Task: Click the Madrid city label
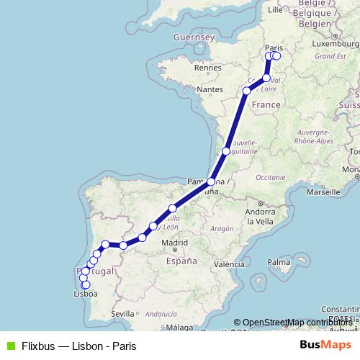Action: (175, 243)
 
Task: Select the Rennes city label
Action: (206, 67)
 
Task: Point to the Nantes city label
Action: (210, 89)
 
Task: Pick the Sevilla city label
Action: (124, 313)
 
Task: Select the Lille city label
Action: (276, 10)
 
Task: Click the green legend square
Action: (9, 345)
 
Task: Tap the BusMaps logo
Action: (325, 345)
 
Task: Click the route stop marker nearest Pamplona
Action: (211, 182)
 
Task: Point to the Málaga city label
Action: (175, 328)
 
